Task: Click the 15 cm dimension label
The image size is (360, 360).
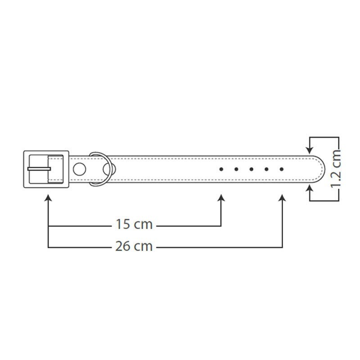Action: click(x=134, y=224)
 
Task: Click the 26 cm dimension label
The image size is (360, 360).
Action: click(x=134, y=246)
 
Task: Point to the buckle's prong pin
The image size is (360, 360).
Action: click(x=39, y=169)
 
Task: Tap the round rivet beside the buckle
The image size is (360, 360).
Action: click(x=80, y=169)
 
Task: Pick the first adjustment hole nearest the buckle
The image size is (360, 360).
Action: click(x=221, y=169)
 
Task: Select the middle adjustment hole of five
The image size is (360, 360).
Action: click(x=252, y=169)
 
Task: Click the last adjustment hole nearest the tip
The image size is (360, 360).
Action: click(x=282, y=169)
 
